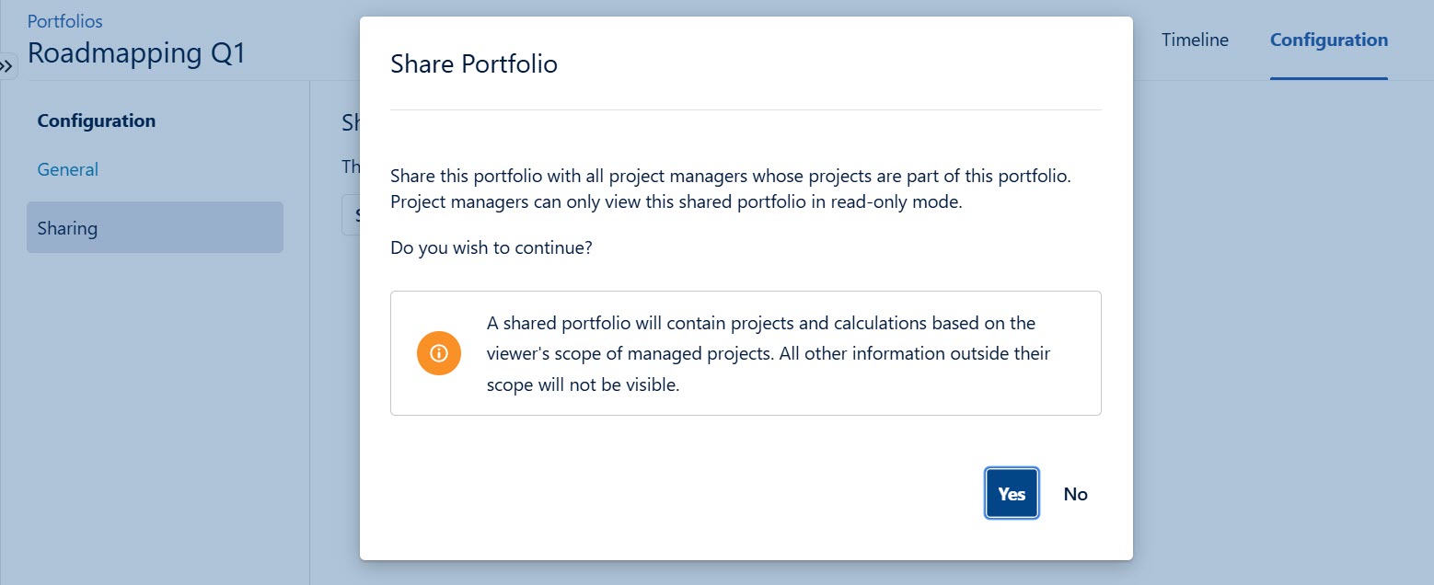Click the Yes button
point(1012,494)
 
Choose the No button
point(1075,494)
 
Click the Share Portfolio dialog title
point(474,64)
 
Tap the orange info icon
point(438,353)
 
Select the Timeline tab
point(1195,40)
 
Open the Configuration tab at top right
point(1328,40)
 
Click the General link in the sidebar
point(67,169)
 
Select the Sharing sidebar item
point(67,228)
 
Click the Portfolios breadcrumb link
point(64,20)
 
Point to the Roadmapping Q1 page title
point(136,53)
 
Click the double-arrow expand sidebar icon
point(7,66)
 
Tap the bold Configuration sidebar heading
point(96,120)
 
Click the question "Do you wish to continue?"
point(491,248)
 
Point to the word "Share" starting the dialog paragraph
point(412,176)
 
